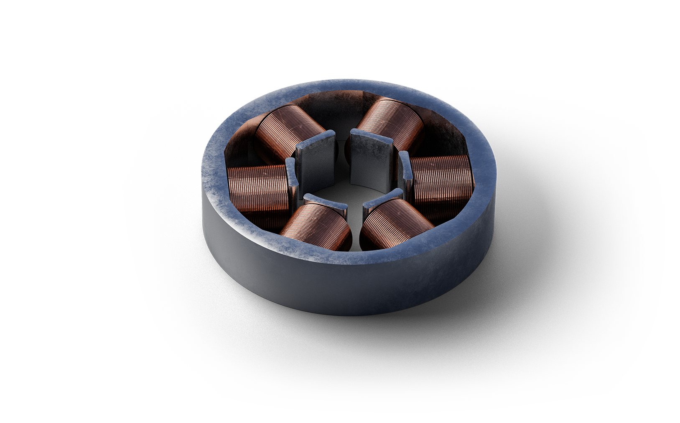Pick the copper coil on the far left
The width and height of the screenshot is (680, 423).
point(257,188)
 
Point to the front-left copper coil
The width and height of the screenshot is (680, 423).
point(316,225)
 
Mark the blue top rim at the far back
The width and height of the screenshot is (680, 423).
point(347,84)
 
